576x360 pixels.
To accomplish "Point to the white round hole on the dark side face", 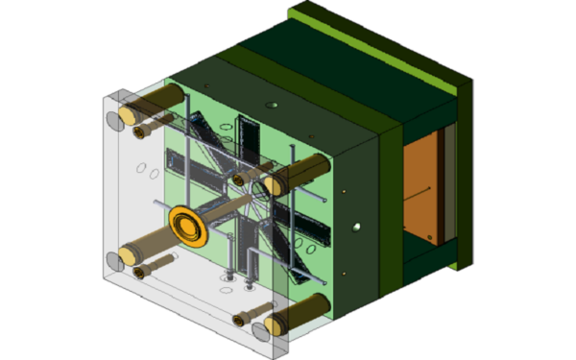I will point(356,228).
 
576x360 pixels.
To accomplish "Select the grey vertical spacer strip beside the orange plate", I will point(446,187).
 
